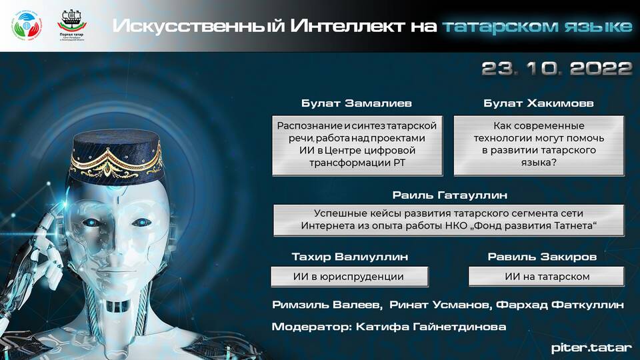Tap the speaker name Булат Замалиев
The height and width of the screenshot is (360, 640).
[356, 103]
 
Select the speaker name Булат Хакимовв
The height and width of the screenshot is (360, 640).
[539, 103]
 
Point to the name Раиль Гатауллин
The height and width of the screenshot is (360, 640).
[450, 195]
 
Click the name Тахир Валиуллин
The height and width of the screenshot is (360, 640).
[350, 257]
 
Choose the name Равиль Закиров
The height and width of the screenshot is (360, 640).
[542, 257]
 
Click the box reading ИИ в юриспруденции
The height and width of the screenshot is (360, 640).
[349, 277]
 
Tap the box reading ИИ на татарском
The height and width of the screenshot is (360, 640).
[547, 277]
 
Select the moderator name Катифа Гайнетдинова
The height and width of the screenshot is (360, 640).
[431, 327]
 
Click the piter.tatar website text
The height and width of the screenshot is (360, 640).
[591, 348]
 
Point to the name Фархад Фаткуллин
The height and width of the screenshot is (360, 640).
[559, 305]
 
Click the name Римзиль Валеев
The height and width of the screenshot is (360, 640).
[327, 305]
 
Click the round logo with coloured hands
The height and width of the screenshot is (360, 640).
[27, 26]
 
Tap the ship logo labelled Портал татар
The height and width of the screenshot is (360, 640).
[71, 25]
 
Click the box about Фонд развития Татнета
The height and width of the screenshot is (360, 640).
[449, 220]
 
